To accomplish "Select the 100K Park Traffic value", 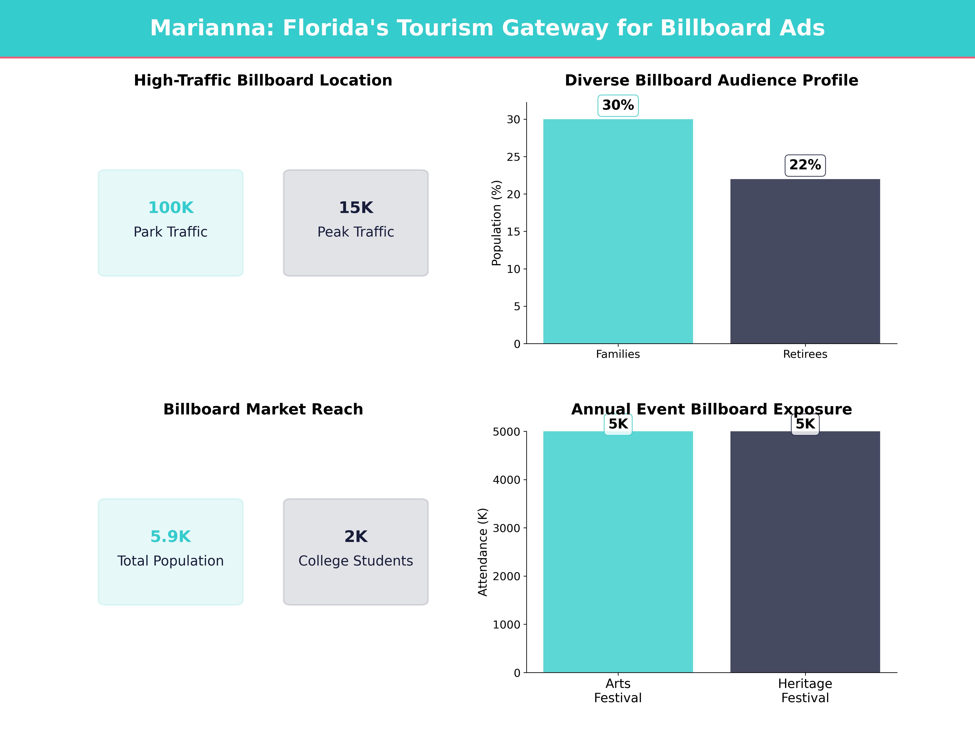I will (x=171, y=208).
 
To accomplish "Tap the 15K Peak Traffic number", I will (x=356, y=208).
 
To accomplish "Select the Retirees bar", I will (x=805, y=261).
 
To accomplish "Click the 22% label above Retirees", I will (x=805, y=165).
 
